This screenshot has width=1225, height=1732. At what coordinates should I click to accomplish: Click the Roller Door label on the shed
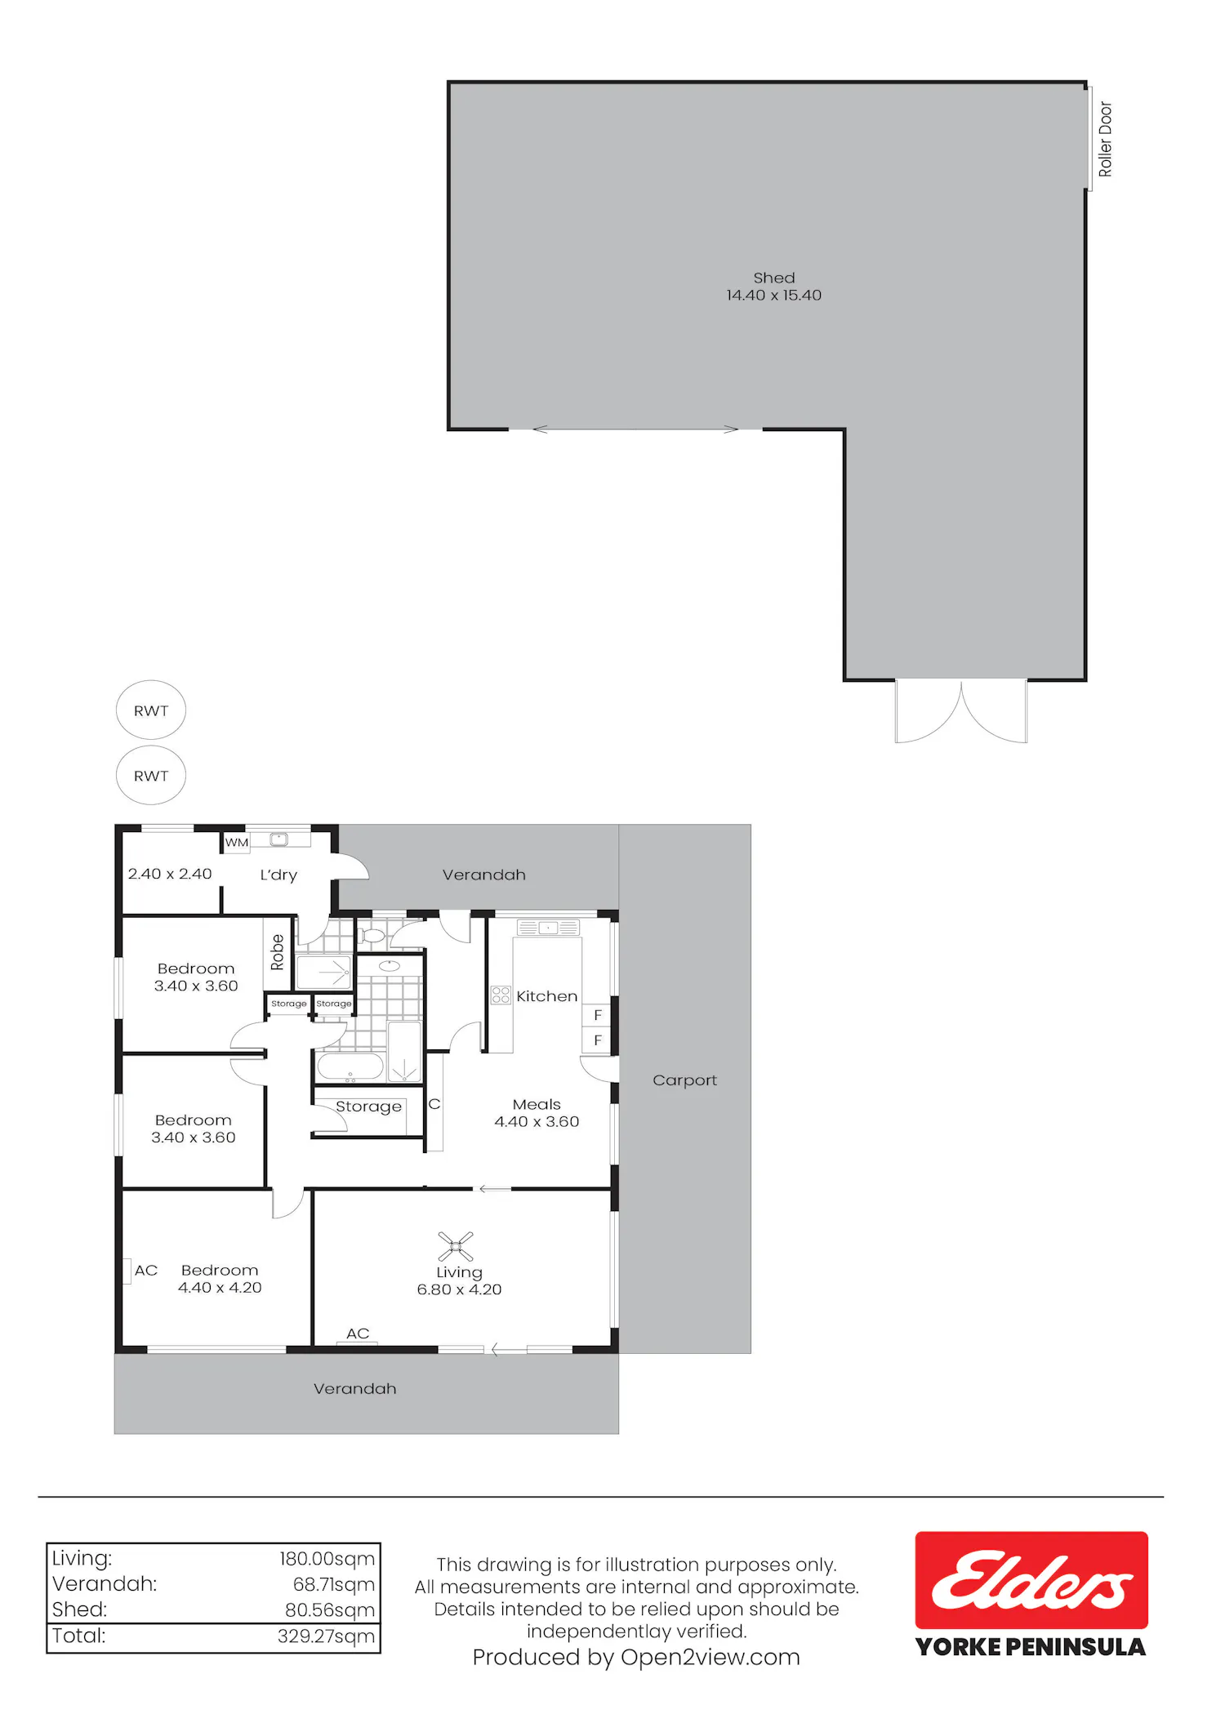(x=1105, y=139)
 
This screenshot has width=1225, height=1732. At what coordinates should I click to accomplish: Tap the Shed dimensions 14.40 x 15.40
(x=773, y=296)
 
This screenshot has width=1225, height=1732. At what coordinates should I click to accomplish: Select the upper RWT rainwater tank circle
(x=151, y=710)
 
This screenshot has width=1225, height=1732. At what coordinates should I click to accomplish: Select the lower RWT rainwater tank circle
(x=151, y=775)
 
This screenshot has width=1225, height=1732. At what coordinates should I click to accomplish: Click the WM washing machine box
(x=237, y=842)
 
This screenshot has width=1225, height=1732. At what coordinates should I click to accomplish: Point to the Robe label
(x=277, y=952)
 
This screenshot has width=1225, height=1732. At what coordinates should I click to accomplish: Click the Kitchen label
(x=546, y=996)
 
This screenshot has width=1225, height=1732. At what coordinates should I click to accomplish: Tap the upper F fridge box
(x=597, y=1015)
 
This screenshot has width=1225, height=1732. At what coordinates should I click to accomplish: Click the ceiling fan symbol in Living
(x=456, y=1247)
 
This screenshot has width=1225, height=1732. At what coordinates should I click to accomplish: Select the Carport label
(x=684, y=1080)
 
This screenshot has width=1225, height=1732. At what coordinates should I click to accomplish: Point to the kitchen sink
(x=548, y=928)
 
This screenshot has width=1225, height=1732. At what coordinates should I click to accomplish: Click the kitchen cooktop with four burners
(x=501, y=995)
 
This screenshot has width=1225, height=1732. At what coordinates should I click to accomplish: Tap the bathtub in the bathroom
(x=350, y=1066)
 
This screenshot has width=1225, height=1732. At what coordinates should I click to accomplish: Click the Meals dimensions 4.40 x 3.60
(x=537, y=1122)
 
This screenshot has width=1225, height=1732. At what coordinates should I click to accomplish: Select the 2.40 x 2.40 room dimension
(x=170, y=874)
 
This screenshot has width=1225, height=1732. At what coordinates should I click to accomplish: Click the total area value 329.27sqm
(x=326, y=1636)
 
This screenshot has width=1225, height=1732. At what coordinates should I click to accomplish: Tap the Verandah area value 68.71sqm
(x=333, y=1584)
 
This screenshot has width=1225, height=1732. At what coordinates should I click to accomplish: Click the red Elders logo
(x=1031, y=1580)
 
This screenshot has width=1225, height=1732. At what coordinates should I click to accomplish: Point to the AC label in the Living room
(x=358, y=1334)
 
